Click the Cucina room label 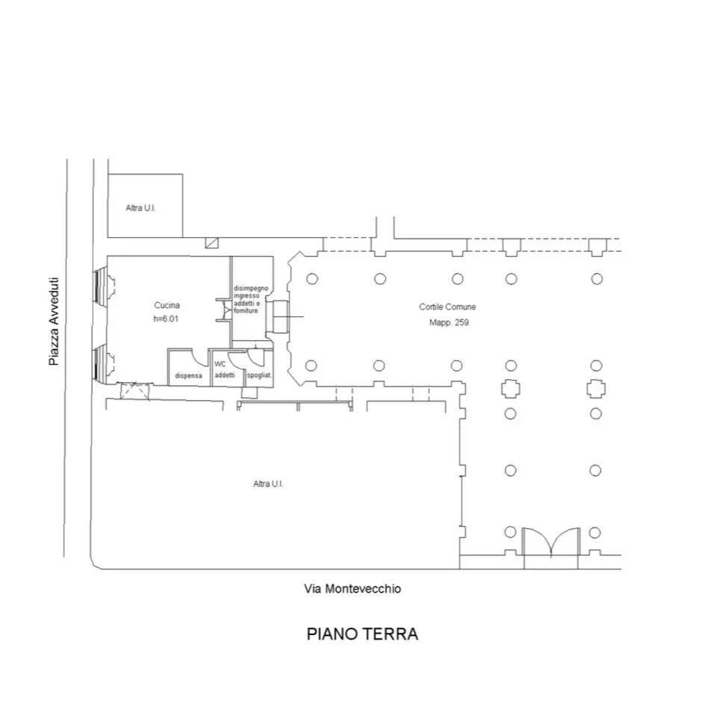tap(167, 305)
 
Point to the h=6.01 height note tap(166, 319)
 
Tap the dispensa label tap(188, 376)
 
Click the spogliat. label tap(259, 375)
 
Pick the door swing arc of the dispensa tap(201, 359)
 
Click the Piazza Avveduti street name tap(54, 322)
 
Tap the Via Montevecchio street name tap(352, 589)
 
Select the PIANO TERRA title tap(362, 634)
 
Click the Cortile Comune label tap(447, 307)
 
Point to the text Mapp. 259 tap(449, 322)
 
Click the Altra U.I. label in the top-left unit tap(140, 208)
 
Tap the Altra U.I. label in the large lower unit tap(268, 484)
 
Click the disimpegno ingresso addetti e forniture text tap(251, 299)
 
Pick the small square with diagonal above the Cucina tap(211, 243)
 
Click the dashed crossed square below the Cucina tap(134, 391)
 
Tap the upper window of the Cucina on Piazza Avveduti tap(104, 285)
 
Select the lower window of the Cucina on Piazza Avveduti tap(104, 363)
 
